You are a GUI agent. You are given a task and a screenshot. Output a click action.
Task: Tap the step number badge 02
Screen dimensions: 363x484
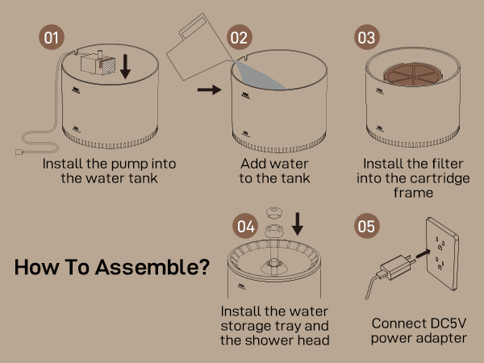point(239,38)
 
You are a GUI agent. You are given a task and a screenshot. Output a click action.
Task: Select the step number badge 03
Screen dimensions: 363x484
point(366,38)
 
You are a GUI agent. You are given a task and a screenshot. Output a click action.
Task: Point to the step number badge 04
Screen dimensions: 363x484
point(247,227)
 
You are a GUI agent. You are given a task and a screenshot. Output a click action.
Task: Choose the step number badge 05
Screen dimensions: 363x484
point(366,227)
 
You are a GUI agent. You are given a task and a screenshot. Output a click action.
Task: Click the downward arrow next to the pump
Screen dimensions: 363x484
point(125,66)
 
